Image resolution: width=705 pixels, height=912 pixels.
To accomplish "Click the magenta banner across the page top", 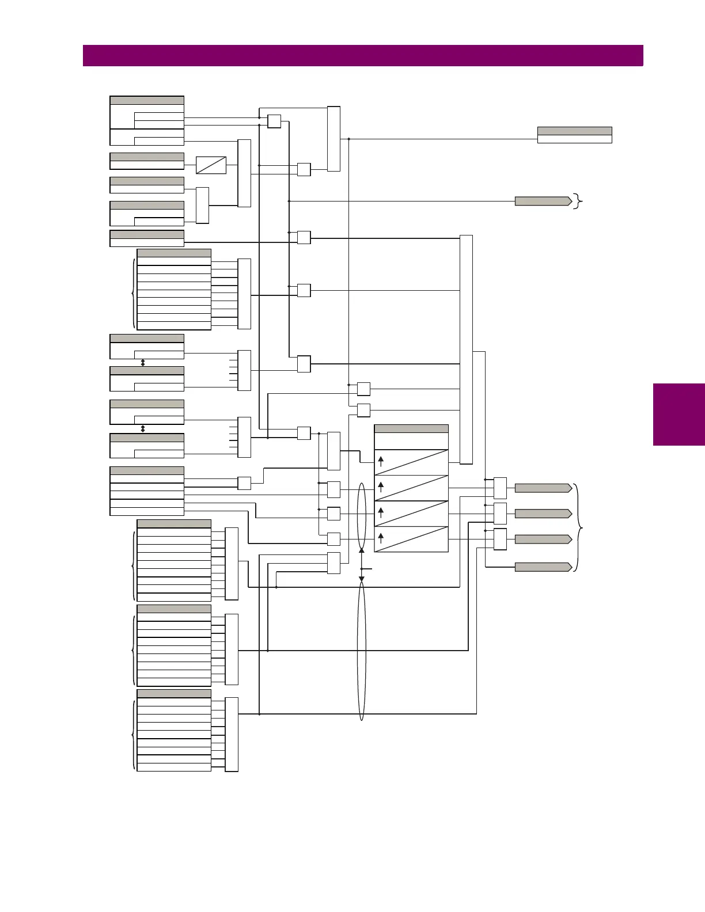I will point(363,56).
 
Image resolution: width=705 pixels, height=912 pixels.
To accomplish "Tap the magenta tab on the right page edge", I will point(679,415).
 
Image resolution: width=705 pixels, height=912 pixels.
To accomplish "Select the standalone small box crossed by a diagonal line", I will point(211,165).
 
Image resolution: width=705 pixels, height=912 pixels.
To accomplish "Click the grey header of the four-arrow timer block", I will point(411,429).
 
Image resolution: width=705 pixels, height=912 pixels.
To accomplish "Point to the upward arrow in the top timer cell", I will point(381,461).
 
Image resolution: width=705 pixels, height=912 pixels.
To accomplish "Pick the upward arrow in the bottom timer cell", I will point(381,538).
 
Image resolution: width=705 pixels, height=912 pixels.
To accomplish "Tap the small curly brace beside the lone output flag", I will point(578,201).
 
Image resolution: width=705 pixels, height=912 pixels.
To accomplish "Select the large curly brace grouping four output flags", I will point(579,527).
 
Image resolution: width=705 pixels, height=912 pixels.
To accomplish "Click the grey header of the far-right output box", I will point(574,131).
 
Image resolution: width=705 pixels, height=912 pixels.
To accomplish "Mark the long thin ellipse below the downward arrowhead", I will point(362,651).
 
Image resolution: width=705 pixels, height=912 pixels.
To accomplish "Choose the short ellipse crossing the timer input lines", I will point(362,516).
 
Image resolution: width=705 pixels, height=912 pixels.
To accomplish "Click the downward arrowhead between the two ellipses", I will point(362,579).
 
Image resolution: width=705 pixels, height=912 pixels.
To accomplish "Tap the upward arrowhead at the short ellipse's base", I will point(362,550).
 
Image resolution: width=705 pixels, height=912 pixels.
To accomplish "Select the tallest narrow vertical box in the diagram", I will point(466,349).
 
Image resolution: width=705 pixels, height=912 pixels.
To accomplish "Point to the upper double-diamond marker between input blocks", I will point(143,363).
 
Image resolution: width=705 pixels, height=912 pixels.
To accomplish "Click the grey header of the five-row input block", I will point(147,471).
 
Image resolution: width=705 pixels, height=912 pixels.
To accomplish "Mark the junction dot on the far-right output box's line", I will point(349,139).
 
